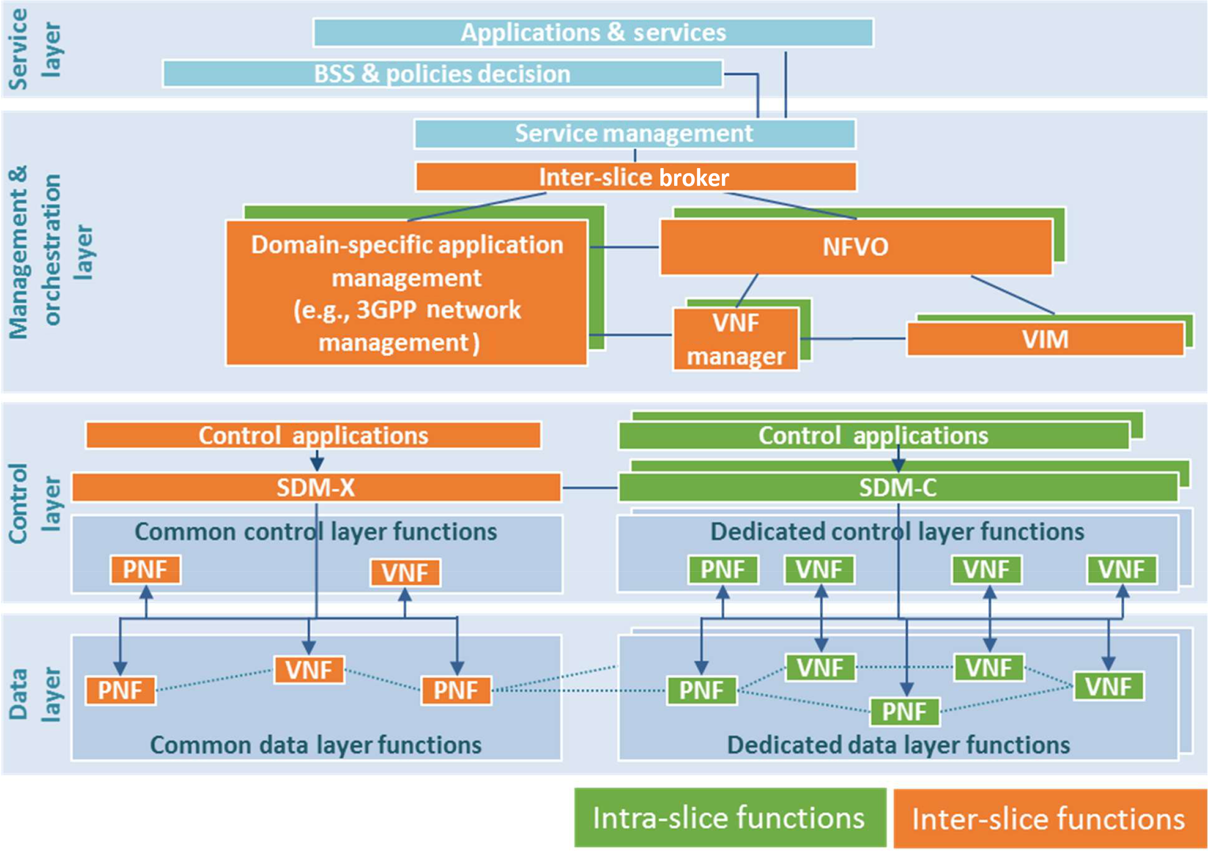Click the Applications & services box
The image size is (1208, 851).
[593, 33]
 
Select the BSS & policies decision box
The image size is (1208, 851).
[442, 74]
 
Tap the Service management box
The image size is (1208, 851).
[634, 134]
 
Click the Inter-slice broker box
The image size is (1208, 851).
[635, 177]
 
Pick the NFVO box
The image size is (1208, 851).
[856, 247]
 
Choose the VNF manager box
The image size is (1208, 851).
[736, 339]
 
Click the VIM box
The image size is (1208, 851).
[1045, 339]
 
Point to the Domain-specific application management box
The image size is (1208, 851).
[407, 293]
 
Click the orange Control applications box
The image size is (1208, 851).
[313, 436]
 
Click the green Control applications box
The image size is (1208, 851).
[873, 436]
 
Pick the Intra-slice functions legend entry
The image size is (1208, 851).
[729, 817]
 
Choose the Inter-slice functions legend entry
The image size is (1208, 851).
[1049, 818]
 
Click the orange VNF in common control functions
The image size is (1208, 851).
[405, 572]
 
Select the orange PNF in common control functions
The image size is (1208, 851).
[146, 569]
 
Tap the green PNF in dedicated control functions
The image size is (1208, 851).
[723, 569]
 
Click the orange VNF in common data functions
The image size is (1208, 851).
[309, 670]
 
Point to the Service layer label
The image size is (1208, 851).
[35, 50]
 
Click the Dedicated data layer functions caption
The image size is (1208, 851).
[898, 745]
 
